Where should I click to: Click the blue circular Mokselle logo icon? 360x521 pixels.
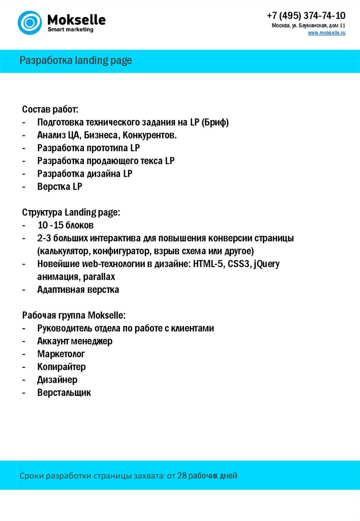(29, 22)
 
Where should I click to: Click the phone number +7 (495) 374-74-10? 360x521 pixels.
(306, 15)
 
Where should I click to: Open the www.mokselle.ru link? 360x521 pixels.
(326, 33)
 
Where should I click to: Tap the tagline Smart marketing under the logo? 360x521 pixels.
(70, 30)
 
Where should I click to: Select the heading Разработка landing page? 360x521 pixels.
(76, 61)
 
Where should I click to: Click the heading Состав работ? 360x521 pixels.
(50, 109)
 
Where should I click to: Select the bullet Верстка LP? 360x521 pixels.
(59, 187)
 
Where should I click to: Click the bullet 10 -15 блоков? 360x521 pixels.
(65, 225)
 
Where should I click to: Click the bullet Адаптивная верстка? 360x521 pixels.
(78, 290)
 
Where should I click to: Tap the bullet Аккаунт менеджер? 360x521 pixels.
(75, 341)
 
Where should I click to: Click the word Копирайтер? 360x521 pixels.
(61, 367)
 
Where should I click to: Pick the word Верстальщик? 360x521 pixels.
(64, 393)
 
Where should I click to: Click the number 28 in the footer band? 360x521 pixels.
(182, 476)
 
